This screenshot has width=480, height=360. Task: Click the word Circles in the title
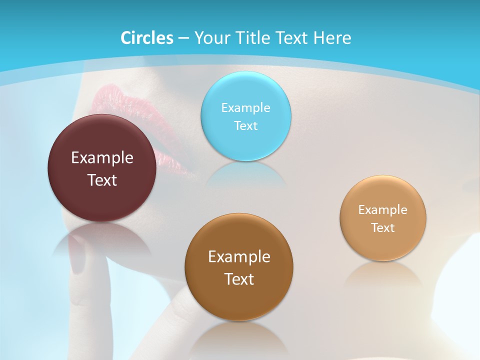point(147,38)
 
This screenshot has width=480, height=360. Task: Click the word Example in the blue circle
point(245,107)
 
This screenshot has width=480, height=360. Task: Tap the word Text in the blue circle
point(245,125)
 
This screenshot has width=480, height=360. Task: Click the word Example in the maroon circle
point(102,158)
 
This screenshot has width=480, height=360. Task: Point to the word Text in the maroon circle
point(102,180)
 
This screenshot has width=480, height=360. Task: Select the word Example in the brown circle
point(239,257)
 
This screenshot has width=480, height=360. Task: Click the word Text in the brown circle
point(239,279)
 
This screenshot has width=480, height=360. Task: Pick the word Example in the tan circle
point(383,210)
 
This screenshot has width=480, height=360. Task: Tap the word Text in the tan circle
point(383,228)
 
